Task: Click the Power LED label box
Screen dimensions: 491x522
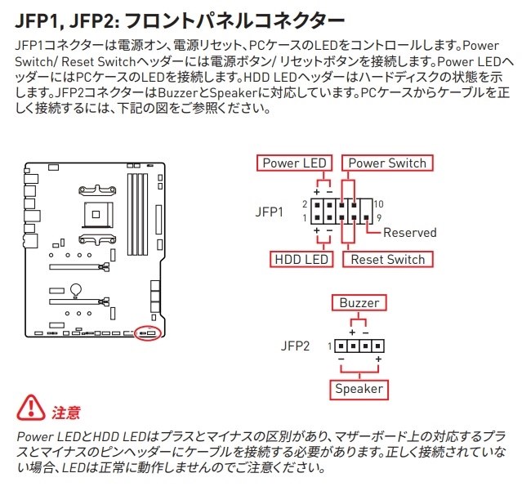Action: point(293,163)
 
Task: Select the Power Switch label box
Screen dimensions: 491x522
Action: point(387,163)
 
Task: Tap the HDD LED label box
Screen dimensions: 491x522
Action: point(301,260)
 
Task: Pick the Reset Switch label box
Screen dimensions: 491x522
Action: point(387,260)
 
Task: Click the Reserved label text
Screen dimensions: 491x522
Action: point(409,232)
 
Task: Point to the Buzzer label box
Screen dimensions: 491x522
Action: point(359,303)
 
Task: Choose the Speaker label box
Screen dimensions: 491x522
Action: point(359,389)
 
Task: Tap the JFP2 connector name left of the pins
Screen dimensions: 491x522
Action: point(296,346)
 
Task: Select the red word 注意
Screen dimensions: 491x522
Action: point(66,411)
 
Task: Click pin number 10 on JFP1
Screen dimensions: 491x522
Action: point(380,203)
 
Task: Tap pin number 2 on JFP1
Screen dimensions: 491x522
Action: point(304,203)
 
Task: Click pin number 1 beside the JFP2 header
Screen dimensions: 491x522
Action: point(330,346)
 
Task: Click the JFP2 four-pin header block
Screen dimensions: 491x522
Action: point(359,346)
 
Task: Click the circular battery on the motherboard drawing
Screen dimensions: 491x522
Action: point(74,288)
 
